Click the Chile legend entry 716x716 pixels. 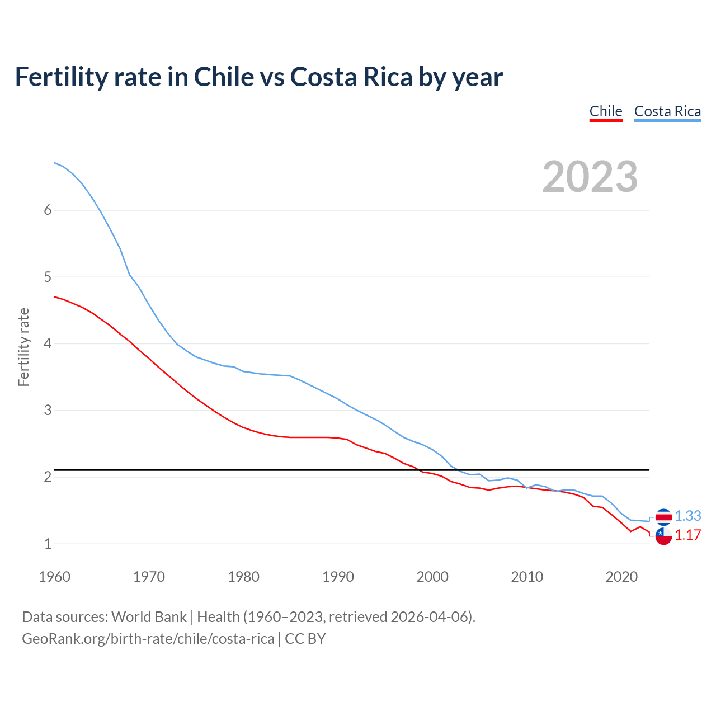click(x=606, y=111)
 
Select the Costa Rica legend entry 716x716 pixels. click(x=667, y=111)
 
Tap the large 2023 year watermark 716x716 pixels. click(x=590, y=177)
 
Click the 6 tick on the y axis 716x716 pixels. click(x=48, y=210)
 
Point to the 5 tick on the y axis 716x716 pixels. click(x=48, y=277)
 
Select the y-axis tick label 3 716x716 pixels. click(x=48, y=410)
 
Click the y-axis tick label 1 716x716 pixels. click(x=48, y=543)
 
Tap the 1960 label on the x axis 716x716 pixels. click(x=54, y=577)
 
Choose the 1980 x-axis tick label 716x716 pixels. click(x=243, y=577)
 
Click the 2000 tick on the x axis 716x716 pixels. click(x=432, y=577)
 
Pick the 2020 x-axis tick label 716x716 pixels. click(x=621, y=577)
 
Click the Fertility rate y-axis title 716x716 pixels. click(x=23, y=347)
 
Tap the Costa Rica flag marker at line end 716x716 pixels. click(x=663, y=517)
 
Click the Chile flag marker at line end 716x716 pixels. click(x=663, y=536)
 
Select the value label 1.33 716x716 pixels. click(x=687, y=516)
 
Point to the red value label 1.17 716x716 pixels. click(x=687, y=535)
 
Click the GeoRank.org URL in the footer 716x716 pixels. click(x=148, y=639)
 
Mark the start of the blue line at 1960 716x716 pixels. click(x=54, y=163)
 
